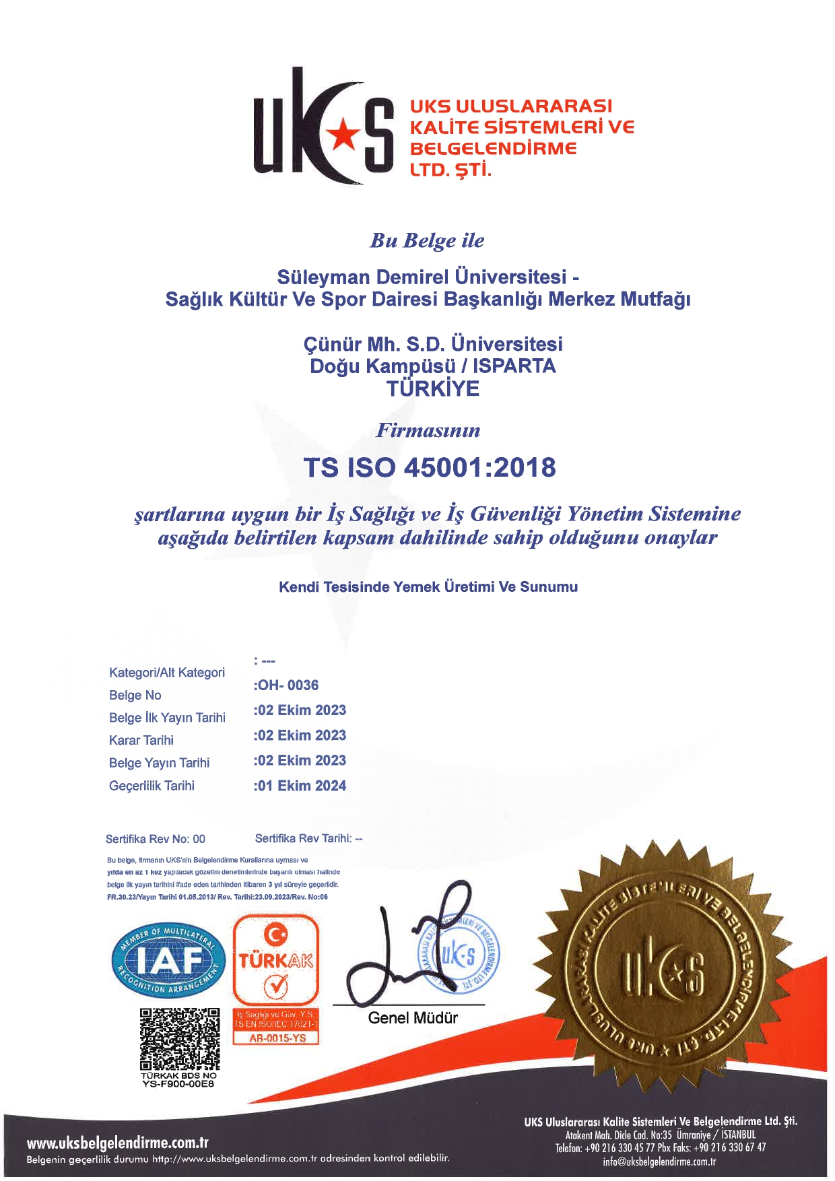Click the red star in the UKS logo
[x=341, y=132]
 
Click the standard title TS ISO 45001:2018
[x=430, y=467]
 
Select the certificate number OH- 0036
[x=287, y=685]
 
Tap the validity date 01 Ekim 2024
[x=301, y=786]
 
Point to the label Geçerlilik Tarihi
[x=152, y=786]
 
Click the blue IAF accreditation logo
[x=168, y=961]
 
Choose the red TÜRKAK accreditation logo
[x=275, y=961]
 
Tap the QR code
[x=180, y=1039]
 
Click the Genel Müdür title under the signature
[x=413, y=1018]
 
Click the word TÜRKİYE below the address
[x=433, y=389]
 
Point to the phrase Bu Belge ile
[x=427, y=240]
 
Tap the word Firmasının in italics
[x=428, y=430]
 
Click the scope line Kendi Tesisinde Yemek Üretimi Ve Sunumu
[x=428, y=587]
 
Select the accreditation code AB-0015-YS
[x=277, y=1038]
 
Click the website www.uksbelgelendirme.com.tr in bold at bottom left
[x=118, y=1143]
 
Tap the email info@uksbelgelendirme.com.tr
[x=659, y=1161]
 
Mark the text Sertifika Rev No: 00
[x=156, y=839]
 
